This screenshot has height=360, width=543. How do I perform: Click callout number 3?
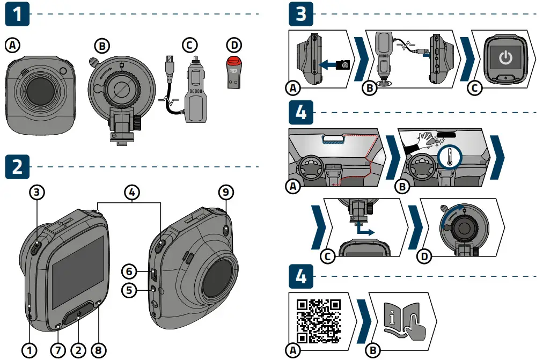click(x=36, y=192)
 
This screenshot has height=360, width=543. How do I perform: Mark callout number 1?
click(x=29, y=350)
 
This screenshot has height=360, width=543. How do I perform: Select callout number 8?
click(x=99, y=350)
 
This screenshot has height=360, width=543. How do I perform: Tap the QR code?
click(x=319, y=321)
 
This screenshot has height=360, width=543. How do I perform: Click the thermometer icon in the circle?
click(x=449, y=157)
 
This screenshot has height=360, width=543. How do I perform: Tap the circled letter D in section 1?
click(x=233, y=45)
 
